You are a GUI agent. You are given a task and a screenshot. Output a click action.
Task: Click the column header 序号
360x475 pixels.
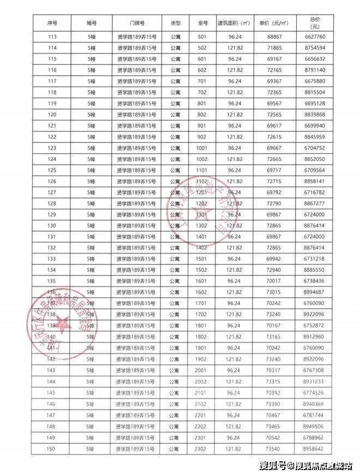[x=53, y=24]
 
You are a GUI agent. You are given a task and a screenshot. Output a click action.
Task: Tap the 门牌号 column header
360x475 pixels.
[x=137, y=24]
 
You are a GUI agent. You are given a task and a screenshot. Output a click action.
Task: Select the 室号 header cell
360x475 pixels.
[x=203, y=24]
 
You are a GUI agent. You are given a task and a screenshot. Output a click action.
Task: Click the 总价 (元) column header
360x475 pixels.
[x=315, y=24]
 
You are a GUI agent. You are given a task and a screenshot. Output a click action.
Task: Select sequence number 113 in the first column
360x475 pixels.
[x=53, y=37]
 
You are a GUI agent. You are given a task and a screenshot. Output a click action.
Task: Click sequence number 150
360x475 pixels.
[x=53, y=449]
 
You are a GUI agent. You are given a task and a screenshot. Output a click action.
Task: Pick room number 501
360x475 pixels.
[x=202, y=37]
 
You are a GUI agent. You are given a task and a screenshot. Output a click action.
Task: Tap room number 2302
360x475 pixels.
[x=202, y=449]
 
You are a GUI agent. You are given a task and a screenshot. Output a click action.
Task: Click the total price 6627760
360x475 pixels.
[x=315, y=37]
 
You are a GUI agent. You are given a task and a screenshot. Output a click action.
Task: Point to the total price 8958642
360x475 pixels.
[x=315, y=449]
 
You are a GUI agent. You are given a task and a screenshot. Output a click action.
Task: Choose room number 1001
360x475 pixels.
[x=202, y=148]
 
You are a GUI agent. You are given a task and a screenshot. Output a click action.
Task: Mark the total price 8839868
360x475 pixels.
[x=315, y=115]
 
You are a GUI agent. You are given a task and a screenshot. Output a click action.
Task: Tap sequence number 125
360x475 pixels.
[x=53, y=170]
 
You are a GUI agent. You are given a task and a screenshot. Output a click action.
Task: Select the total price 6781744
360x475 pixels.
[x=315, y=416]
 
